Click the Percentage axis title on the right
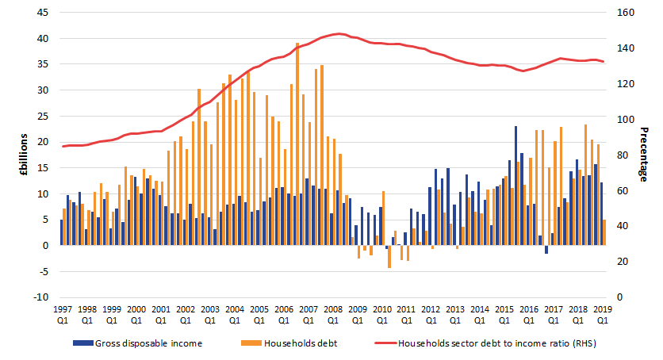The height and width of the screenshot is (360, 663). [643, 155]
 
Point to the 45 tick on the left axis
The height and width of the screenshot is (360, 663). [43, 13]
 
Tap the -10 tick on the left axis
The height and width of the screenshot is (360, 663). [40, 297]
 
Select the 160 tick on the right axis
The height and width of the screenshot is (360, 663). [623, 13]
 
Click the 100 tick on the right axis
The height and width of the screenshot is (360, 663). [623, 120]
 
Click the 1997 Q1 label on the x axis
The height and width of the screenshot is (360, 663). [63, 313]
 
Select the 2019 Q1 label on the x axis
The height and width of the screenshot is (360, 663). [602, 313]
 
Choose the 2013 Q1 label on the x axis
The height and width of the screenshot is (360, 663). [454, 313]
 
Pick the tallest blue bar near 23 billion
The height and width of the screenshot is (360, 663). [515, 186]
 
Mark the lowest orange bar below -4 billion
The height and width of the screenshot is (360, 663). [389, 257]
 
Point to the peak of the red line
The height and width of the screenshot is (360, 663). [339, 33]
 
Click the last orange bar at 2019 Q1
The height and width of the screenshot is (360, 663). [604, 232]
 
